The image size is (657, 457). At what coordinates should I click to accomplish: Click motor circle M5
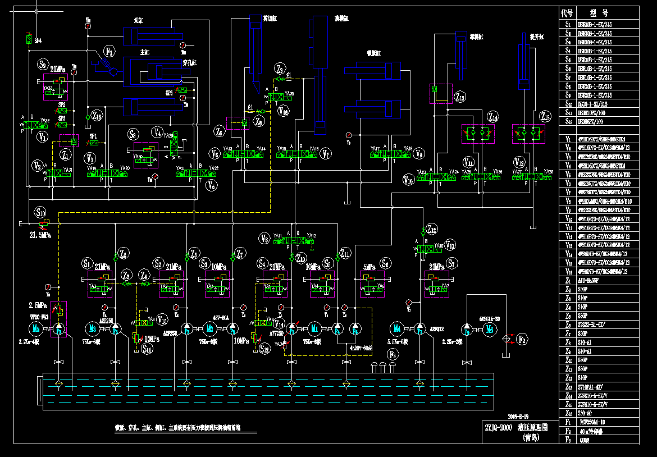point(36,329)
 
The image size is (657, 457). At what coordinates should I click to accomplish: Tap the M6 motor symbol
point(490,329)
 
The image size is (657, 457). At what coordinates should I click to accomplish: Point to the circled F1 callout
point(111,52)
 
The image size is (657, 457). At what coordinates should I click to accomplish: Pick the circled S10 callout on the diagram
point(40,212)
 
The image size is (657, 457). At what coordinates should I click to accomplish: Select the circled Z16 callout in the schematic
point(98,116)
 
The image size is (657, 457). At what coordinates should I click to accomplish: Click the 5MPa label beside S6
point(368,267)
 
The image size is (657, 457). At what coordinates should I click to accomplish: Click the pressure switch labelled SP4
point(29,40)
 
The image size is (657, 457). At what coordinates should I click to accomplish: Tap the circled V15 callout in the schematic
point(163,320)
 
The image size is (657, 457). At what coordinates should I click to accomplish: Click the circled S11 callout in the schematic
point(147,349)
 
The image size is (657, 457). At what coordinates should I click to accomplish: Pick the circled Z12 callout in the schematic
point(431,229)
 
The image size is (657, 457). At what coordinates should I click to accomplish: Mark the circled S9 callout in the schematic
point(44,63)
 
